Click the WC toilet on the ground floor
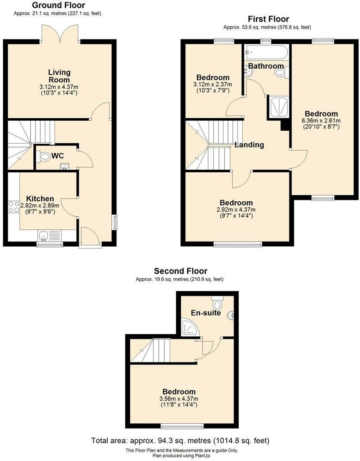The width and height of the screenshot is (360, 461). point(44,156)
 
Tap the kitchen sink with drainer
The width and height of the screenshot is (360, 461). point(49,236)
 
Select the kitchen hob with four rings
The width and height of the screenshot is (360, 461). point(13,206)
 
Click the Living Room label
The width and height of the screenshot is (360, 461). point(59,76)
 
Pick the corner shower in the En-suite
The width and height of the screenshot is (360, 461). point(190,328)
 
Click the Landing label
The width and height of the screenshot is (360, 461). point(249,145)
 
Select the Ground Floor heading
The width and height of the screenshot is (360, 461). point(58,5)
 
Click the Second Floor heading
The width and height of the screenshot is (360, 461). point(180,271)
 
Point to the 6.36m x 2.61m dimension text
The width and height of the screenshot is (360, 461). point(321,120)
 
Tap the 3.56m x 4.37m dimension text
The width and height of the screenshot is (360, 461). point(179,399)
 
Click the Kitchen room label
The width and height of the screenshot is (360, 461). point(40,198)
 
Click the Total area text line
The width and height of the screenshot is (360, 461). point(180,440)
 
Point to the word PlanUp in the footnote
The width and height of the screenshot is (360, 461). point(202,455)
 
